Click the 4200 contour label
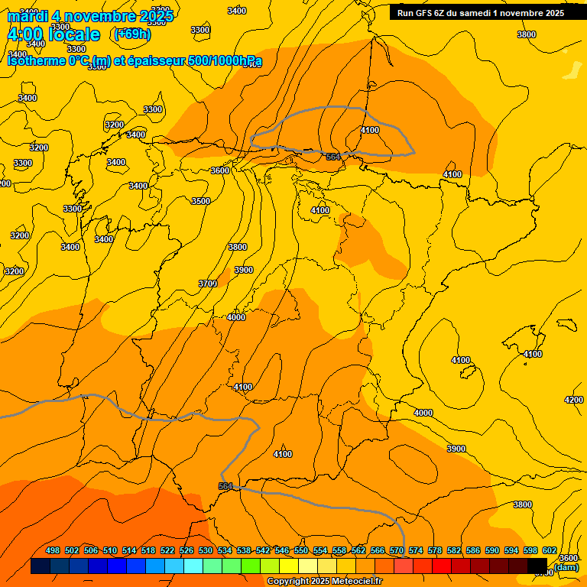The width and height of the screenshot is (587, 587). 573,400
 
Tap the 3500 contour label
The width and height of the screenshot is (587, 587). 200,201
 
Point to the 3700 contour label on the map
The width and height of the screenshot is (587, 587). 208,284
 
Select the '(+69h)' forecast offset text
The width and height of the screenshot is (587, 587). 132,34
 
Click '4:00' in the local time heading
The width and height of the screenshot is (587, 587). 25,34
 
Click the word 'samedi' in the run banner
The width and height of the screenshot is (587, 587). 475,12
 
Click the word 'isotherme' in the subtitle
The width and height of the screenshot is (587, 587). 35,60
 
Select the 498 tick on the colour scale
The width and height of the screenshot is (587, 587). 53,550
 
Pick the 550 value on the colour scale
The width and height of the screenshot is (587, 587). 301,550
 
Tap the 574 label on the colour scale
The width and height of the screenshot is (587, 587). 416,550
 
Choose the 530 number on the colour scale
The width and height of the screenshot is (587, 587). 206,550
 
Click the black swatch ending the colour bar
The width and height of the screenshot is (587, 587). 537,566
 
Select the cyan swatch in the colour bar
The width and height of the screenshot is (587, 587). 193,566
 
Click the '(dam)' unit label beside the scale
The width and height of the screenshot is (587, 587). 566,566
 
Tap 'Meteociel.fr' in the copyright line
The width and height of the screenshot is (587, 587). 352,581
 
